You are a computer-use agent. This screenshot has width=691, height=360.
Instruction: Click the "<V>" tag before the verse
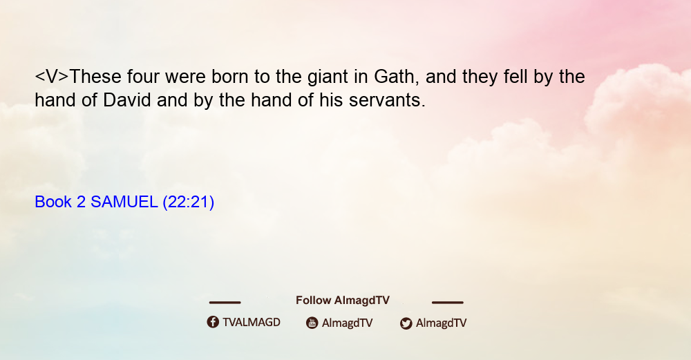click(x=52, y=77)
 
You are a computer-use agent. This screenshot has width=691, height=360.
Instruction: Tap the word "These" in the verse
click(x=95, y=77)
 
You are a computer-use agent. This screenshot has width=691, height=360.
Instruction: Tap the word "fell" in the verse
click(x=513, y=77)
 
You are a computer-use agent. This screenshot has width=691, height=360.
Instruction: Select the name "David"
click(x=127, y=100)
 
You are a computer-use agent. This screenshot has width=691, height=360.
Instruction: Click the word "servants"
click(x=387, y=100)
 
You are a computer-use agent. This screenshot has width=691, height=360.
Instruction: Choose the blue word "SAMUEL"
click(x=124, y=202)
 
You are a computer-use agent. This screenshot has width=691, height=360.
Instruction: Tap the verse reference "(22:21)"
click(x=188, y=202)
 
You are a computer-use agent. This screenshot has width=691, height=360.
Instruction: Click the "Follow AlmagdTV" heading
click(x=343, y=301)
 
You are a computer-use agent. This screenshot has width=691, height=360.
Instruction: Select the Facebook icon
click(x=213, y=322)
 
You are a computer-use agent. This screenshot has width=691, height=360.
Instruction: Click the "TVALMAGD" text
click(x=252, y=323)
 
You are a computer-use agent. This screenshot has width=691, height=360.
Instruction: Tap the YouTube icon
click(x=312, y=323)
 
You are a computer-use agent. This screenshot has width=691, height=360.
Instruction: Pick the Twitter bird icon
click(x=406, y=323)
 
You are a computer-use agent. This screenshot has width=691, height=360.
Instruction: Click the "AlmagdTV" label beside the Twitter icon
click(x=441, y=323)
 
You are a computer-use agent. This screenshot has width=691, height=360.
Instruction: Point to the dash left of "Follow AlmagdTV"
click(x=225, y=303)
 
